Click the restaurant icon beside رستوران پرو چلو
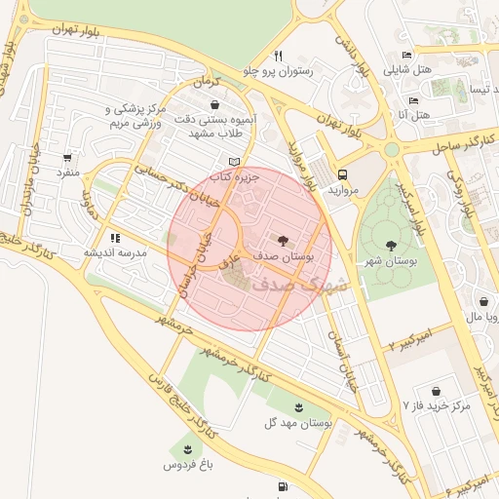point(278,56)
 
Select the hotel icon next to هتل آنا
point(413,100)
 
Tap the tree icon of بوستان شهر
point(392,246)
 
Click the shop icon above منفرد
point(66,157)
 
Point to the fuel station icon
point(283,485)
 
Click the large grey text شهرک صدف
point(298,285)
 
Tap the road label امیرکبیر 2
point(415,341)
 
